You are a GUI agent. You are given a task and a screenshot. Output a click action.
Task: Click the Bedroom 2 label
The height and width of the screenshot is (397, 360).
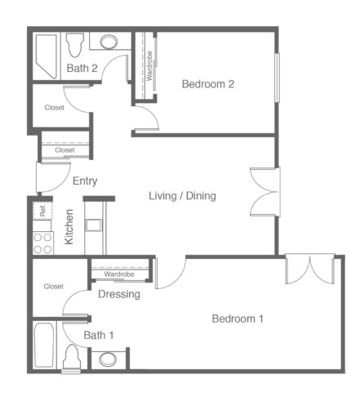click(208, 84)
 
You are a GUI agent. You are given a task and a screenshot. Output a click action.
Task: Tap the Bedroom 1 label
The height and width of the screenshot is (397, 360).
click(238, 319)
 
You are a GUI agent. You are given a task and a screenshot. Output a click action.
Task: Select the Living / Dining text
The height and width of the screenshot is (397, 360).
click(182, 196)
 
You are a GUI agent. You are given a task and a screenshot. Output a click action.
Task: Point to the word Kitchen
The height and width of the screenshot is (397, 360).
click(69, 226)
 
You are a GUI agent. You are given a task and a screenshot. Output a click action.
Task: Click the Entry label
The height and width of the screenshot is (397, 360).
click(85, 181)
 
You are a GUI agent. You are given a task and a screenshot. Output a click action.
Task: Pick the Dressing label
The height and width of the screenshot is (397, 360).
click(119, 294)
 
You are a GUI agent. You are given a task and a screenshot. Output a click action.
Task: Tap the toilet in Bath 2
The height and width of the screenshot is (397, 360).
click(74, 44)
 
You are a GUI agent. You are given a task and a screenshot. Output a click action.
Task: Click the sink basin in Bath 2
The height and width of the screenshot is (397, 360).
click(109, 42)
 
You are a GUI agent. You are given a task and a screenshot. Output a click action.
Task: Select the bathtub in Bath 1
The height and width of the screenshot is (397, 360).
click(43, 346)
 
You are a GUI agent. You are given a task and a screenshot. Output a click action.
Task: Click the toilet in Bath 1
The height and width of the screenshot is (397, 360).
click(72, 358)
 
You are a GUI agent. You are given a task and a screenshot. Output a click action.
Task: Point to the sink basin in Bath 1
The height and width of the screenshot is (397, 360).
click(108, 359)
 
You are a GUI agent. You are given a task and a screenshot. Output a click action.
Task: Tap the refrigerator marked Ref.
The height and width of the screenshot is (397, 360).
click(42, 211)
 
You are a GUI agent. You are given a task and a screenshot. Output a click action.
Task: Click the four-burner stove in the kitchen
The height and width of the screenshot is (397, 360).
click(43, 243)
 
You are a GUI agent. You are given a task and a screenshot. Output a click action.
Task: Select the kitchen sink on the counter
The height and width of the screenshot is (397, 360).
click(94, 225)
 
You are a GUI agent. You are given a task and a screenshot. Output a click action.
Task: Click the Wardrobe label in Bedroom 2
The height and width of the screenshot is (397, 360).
click(149, 66)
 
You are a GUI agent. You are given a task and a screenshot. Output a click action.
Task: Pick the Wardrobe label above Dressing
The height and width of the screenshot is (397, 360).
click(119, 274)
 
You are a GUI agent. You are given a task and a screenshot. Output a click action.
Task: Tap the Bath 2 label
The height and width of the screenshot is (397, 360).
click(82, 68)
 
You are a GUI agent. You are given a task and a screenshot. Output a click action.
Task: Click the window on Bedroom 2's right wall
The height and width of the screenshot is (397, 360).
click(277, 78)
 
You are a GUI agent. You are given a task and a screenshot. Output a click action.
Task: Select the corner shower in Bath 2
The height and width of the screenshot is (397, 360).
click(47, 56)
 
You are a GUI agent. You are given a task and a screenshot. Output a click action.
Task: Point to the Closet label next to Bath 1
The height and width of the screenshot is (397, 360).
click(54, 287)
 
